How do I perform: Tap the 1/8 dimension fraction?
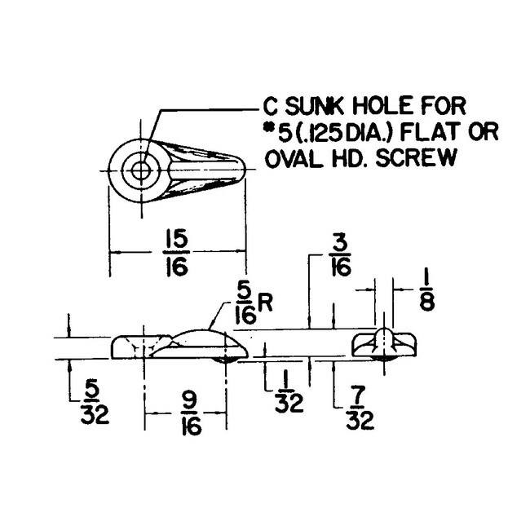(x=426, y=289)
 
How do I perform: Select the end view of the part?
(x=384, y=345)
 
